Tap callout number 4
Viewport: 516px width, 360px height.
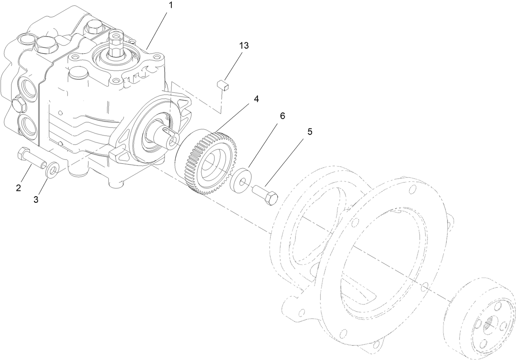[x=256, y=99]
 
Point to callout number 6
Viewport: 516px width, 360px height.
[x=282, y=116]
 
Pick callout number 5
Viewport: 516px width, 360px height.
[x=310, y=132]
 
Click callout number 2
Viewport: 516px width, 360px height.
[x=18, y=188]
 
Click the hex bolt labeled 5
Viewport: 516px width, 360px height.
[x=266, y=195]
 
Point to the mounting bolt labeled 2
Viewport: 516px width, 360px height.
[x=30, y=159]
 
